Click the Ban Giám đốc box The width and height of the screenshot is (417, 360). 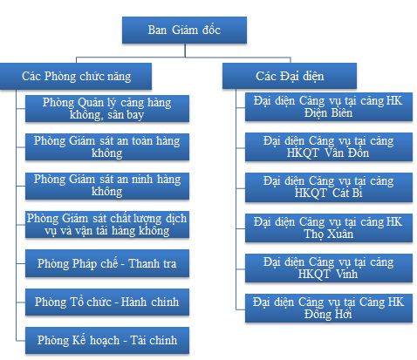(184, 31)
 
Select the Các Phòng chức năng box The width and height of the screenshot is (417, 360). (76, 76)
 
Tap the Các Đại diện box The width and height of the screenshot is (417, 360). (290, 76)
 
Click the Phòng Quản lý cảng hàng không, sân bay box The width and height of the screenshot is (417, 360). (107, 108)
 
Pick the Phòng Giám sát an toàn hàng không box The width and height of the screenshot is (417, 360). (107, 146)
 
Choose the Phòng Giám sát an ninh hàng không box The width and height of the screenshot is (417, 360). (107, 186)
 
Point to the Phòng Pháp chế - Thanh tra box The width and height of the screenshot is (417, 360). (107, 263)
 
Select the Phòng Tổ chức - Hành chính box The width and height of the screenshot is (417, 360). (107, 302)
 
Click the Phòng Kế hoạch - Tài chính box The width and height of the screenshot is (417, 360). (107, 340)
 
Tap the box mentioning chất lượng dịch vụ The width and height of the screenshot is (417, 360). (107, 225)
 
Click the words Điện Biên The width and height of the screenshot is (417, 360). (328, 112)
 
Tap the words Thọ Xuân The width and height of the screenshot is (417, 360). (329, 234)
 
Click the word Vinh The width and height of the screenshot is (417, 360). (346, 274)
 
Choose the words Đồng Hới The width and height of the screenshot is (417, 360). (328, 314)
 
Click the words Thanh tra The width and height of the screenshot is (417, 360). (153, 263)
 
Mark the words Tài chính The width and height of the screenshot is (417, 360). (154, 340)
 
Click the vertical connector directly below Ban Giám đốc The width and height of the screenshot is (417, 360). (185, 51)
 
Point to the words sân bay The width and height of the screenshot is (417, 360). (126, 115)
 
